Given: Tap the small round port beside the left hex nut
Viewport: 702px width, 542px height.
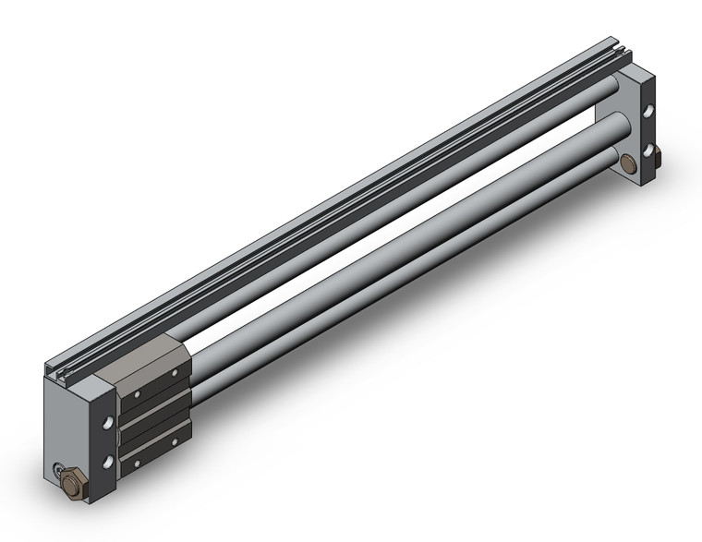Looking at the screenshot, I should (x=58, y=467).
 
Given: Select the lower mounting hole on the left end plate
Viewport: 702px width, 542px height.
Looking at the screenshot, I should (x=110, y=459).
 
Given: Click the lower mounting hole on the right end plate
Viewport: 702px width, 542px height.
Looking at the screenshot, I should (x=648, y=149).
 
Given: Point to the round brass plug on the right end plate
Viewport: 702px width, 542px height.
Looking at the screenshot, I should (x=629, y=163).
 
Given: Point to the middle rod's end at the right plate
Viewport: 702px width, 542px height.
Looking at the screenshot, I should (x=612, y=124).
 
